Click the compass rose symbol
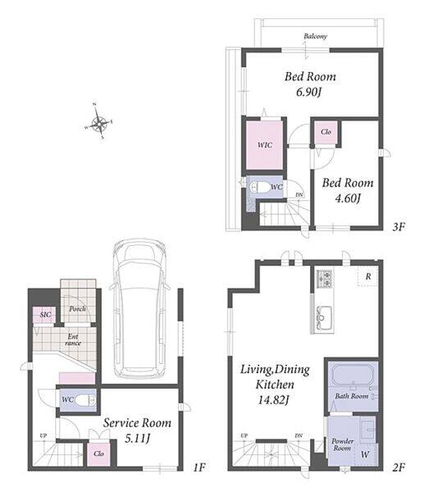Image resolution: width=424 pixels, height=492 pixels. tap(99, 122)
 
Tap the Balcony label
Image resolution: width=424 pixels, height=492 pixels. tap(315, 36)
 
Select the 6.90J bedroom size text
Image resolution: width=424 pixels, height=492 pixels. tap(309, 92)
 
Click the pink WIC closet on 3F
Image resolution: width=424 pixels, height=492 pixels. tap(264, 145)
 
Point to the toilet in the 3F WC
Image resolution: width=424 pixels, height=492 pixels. tap(259, 188)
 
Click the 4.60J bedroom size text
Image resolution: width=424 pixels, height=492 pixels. tap(348, 198)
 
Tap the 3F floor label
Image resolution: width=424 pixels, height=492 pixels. tap(399, 226)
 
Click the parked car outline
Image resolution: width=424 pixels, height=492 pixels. tap(139, 309)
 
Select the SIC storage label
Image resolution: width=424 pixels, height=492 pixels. tap(45, 314)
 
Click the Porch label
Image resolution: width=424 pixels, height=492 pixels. tap(78, 309)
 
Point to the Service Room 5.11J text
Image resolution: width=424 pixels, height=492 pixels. tap(137, 430)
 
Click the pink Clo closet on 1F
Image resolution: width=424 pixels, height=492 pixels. tap(98, 454)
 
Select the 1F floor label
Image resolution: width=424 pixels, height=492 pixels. tap(199, 467)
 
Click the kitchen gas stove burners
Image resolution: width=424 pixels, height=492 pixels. tap(324, 279)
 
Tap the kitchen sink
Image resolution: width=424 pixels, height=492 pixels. tap(323, 317)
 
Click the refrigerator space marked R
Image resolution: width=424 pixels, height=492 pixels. tap(368, 276)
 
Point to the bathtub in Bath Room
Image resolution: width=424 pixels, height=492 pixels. tap(353, 375)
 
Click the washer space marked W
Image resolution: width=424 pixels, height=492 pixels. tap(365, 454)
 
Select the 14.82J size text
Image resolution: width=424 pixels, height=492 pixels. tap(273, 400)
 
